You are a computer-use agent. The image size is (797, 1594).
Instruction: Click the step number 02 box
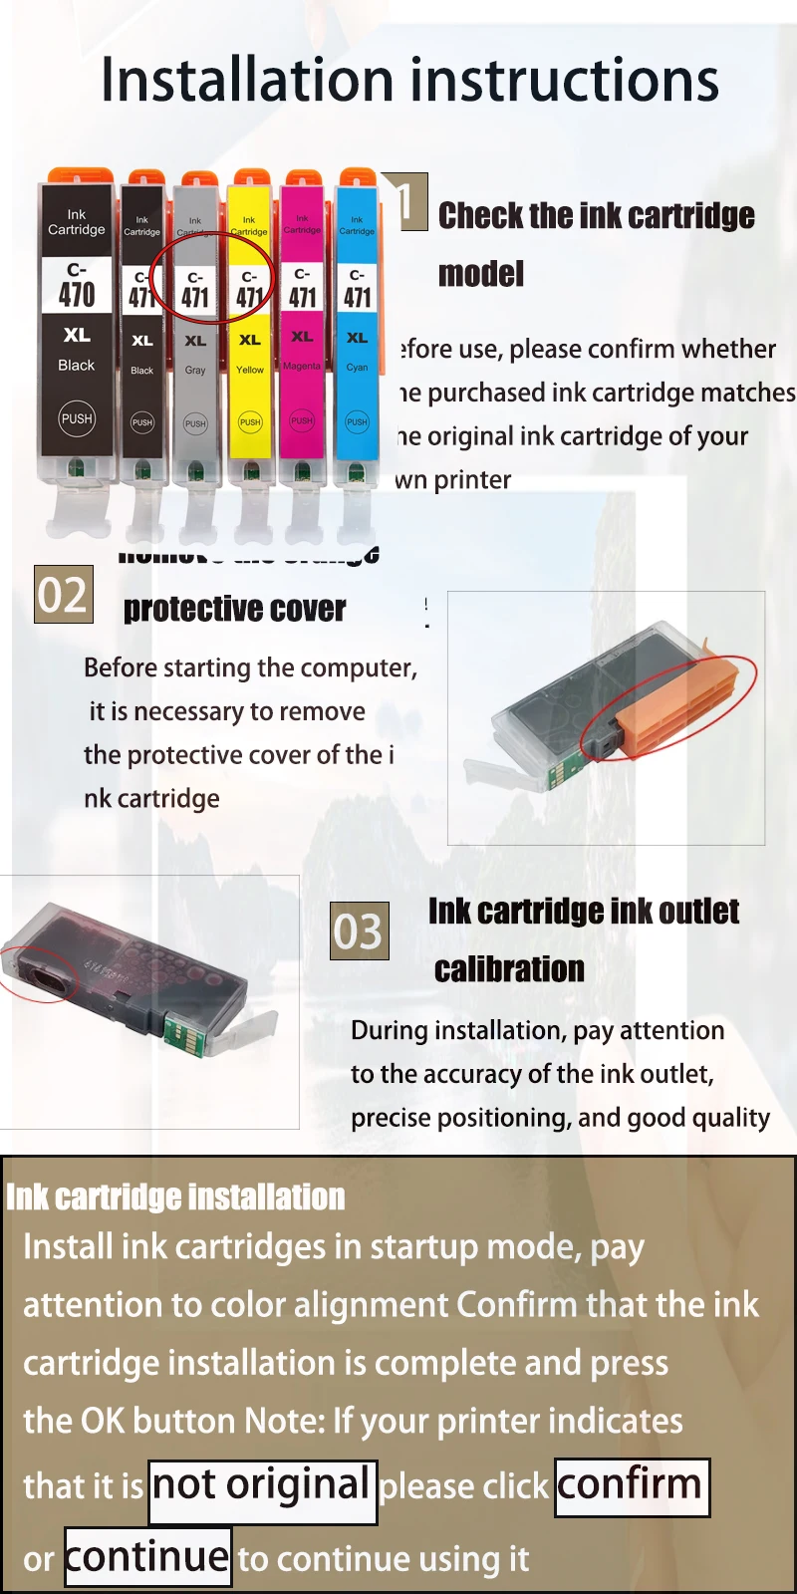(x=64, y=595)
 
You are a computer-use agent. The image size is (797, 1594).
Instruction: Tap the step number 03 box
(x=359, y=931)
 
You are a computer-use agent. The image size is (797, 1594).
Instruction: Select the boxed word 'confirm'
(x=631, y=1486)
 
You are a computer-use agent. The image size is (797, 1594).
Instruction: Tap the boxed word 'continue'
(x=147, y=1557)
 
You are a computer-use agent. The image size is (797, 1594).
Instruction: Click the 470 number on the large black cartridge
(x=77, y=294)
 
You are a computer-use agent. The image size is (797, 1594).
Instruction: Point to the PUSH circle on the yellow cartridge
(x=250, y=421)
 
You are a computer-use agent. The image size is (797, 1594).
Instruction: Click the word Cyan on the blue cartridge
(x=357, y=368)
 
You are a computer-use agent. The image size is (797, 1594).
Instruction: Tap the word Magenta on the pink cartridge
(x=302, y=366)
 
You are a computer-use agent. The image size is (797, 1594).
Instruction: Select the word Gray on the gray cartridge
(x=195, y=370)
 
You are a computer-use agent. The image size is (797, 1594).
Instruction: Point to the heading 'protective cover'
(x=235, y=609)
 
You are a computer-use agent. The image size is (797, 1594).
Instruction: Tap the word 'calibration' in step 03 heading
(x=509, y=969)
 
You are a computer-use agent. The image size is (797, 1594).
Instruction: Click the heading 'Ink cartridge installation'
(x=175, y=1196)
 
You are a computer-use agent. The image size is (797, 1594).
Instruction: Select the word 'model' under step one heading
(x=481, y=274)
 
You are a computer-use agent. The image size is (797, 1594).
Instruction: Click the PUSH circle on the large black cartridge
(x=77, y=418)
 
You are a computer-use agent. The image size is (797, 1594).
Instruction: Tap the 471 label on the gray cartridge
(x=195, y=296)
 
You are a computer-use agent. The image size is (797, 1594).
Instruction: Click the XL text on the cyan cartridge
(x=357, y=338)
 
